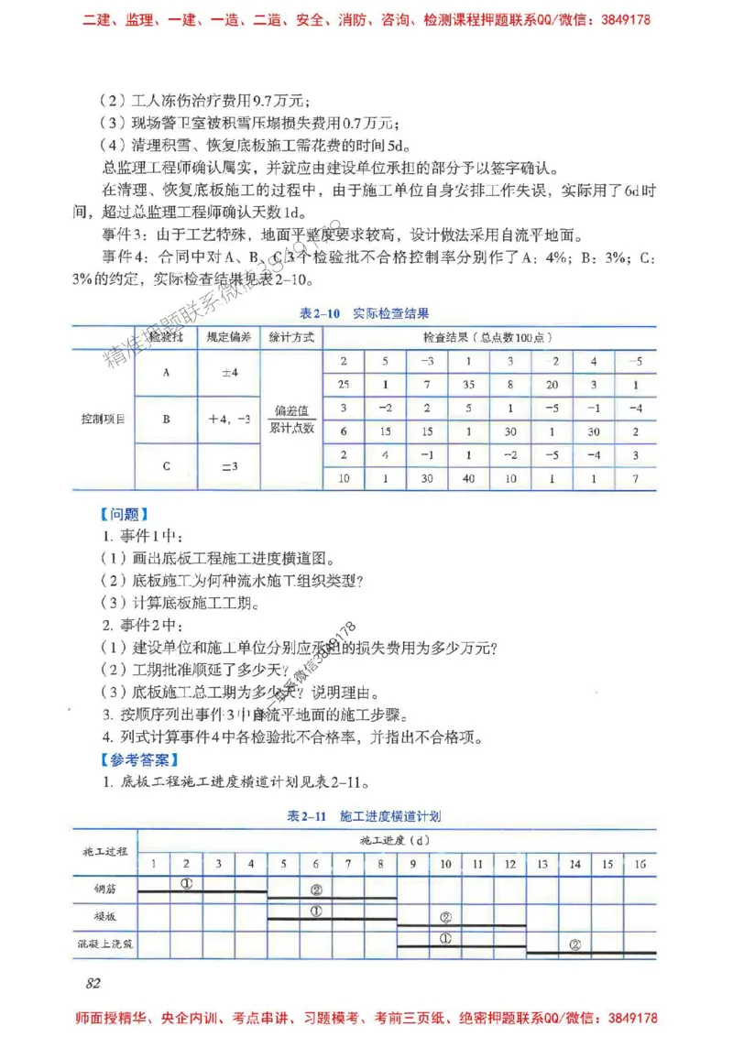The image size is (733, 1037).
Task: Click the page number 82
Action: point(92,983)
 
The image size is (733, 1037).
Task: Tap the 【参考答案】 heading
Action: point(138,759)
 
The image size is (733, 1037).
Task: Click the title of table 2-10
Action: point(365,313)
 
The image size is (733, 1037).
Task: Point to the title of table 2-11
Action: point(364,815)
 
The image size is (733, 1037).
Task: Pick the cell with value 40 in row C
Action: point(468,478)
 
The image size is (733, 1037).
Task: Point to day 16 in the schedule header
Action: point(640,863)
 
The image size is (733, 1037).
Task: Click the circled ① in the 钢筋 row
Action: point(186,885)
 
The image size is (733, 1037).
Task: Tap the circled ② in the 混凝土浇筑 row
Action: point(575,944)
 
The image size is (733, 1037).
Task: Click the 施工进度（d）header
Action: point(396,839)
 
